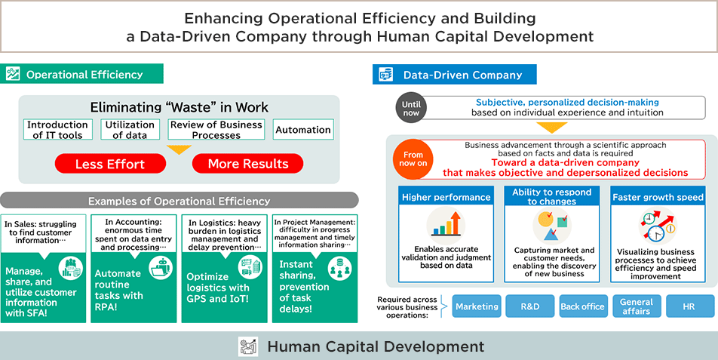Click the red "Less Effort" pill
110,164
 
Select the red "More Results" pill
247,164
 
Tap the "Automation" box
303,130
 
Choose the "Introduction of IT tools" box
57,130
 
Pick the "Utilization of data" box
130,130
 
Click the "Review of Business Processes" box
216,130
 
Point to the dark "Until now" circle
411,108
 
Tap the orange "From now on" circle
413,159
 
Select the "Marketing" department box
477,306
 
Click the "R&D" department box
529,306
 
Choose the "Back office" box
583,306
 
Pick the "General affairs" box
637,306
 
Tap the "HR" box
689,306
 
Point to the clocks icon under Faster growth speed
658,226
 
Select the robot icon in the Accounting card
161,267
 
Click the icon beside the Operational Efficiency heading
13,74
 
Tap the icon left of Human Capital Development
247,346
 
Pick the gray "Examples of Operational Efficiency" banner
179,201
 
